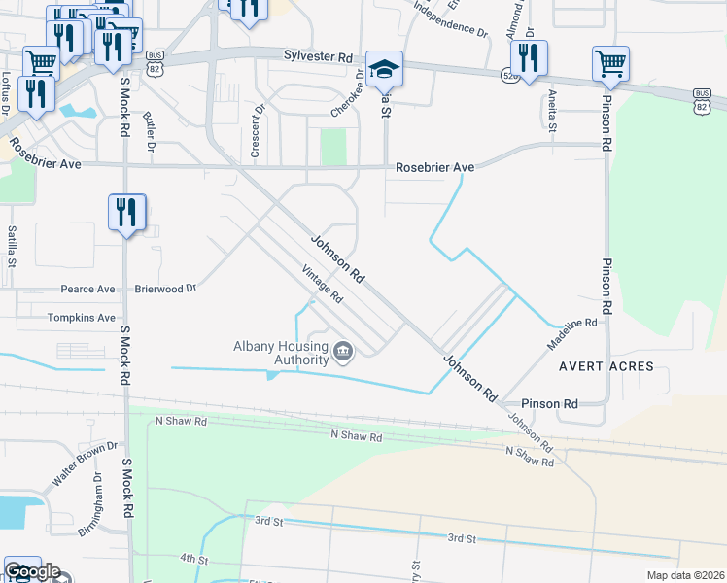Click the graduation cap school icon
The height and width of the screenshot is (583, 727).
384,68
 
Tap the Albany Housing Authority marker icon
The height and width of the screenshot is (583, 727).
342,351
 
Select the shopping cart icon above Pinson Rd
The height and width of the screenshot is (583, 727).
610,64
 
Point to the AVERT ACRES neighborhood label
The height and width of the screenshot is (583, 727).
606,366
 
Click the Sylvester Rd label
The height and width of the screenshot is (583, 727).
318,57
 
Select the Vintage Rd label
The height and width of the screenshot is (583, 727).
323,284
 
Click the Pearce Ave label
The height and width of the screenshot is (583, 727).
87,289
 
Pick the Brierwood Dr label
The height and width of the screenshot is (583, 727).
165,289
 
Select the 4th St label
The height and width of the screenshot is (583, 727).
193,560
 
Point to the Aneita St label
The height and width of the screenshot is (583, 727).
552,110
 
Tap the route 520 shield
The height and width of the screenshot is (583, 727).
508,74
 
